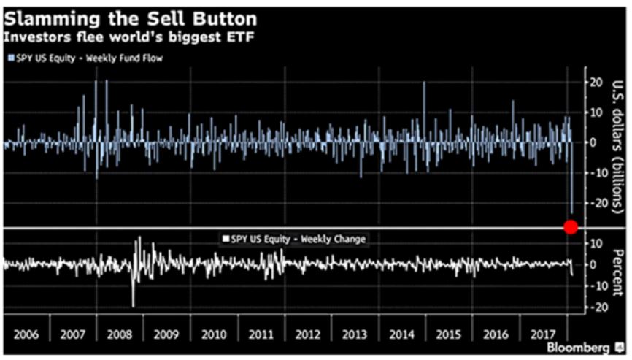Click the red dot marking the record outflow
[x=571, y=226]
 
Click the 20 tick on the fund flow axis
[x=596, y=82]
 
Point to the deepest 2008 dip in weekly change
[x=134, y=305]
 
